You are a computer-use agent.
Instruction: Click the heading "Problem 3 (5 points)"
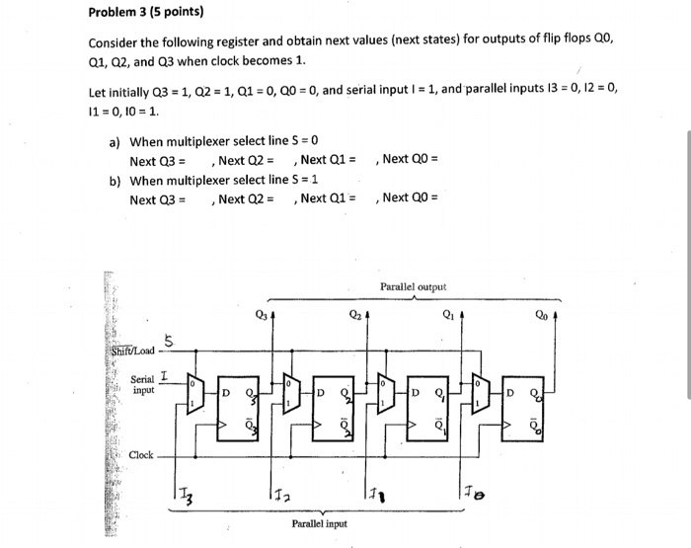point(146,13)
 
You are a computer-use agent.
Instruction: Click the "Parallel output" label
point(413,287)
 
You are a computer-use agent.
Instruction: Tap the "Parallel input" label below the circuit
point(318,523)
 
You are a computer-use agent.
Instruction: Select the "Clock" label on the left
point(140,454)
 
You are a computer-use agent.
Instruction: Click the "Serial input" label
point(144,383)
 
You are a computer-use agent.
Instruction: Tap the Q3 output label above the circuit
point(260,317)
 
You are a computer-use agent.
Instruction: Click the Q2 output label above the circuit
point(353,317)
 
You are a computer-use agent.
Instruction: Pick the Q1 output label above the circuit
point(447,317)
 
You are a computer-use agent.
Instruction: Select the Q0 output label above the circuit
point(541,317)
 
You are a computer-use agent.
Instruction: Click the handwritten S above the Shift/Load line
point(169,342)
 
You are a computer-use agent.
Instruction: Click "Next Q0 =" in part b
point(410,198)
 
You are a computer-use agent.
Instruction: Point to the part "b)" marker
point(115,180)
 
